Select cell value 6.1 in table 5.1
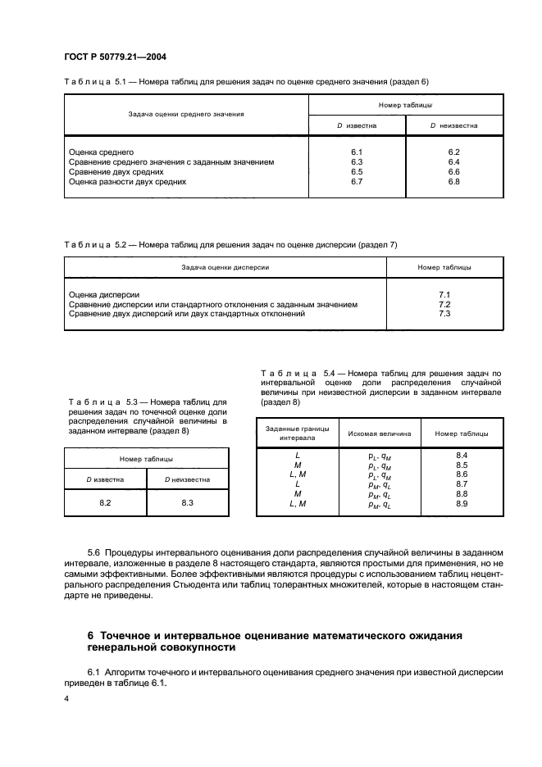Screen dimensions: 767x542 pyautogui.click(x=357, y=152)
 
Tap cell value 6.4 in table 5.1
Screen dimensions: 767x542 pyautogui.click(x=454, y=162)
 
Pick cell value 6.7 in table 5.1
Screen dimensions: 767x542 pyautogui.click(x=357, y=182)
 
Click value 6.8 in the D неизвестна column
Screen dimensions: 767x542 pyautogui.click(x=454, y=182)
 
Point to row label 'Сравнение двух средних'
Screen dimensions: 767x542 pyautogui.click(x=116, y=172)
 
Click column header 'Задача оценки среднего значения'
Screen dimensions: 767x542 pyautogui.click(x=186, y=115)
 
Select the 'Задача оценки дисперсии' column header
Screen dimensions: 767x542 pyautogui.click(x=225, y=267)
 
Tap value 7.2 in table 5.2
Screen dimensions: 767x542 pyautogui.click(x=445, y=304)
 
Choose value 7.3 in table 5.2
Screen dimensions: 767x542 pyautogui.click(x=445, y=313)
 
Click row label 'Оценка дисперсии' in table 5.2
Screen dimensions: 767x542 pyautogui.click(x=104, y=294)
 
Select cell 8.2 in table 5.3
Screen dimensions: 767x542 pyautogui.click(x=105, y=502)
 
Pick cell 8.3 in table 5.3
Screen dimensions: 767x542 pyautogui.click(x=187, y=502)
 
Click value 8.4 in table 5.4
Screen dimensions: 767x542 pyautogui.click(x=461, y=455)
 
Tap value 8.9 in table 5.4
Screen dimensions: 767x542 pyautogui.click(x=461, y=504)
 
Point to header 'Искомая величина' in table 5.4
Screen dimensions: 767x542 pyautogui.click(x=380, y=433)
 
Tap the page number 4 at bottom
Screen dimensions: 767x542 pyautogui.click(x=67, y=698)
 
